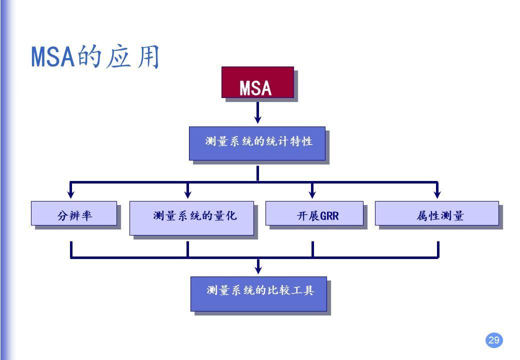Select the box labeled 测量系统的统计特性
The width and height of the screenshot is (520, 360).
click(257, 143)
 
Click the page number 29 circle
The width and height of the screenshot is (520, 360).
click(493, 340)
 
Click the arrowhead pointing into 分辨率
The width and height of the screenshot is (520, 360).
click(71, 193)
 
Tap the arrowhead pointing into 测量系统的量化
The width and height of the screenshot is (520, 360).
click(188, 193)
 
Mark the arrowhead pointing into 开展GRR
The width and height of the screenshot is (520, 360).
click(312, 193)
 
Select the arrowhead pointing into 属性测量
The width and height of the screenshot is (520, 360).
click(437, 193)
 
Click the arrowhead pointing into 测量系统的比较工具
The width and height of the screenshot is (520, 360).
click(258, 269)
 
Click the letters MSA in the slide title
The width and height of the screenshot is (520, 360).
click(52, 57)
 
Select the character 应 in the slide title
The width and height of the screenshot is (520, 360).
click(118, 57)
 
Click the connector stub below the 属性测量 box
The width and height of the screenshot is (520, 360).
click(438, 248)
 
